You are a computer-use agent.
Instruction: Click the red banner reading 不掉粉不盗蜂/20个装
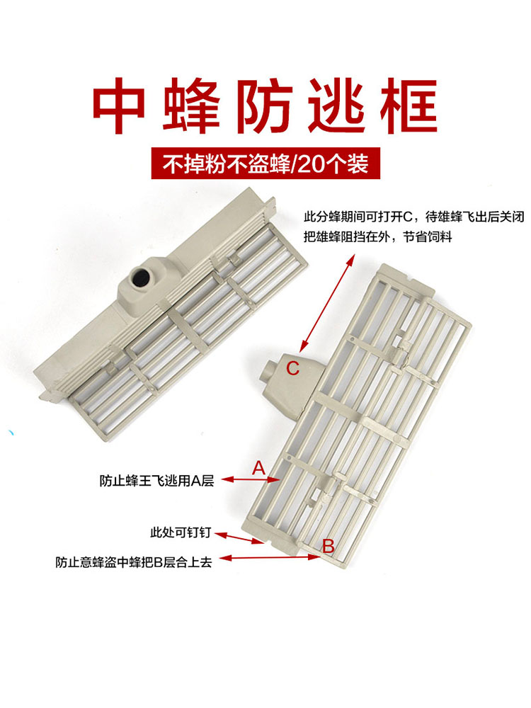[x=265, y=165]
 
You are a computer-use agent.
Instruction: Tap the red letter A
[x=258, y=467]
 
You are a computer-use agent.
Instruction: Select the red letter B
[x=328, y=545]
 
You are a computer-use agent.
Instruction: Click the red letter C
[x=292, y=367]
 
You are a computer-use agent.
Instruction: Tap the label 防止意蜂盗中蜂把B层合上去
[x=134, y=564]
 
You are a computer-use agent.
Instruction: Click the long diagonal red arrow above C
[x=326, y=302]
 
